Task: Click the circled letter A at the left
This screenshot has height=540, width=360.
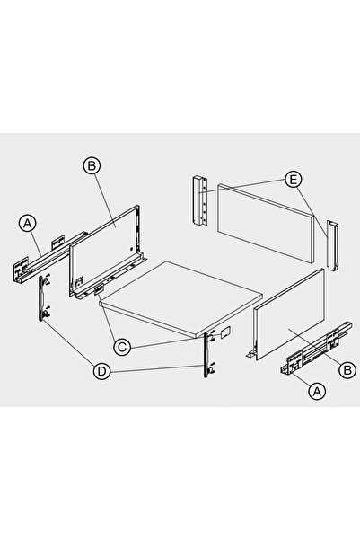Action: tap(28, 224)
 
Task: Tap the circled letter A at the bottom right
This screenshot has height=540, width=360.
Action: tap(317, 391)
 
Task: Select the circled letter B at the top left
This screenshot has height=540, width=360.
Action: tap(92, 165)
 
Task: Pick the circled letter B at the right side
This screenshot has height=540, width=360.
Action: tap(347, 370)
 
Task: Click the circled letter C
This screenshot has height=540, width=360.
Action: tap(122, 347)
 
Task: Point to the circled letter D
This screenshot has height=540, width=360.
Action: tap(101, 371)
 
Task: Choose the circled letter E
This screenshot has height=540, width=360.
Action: tap(294, 180)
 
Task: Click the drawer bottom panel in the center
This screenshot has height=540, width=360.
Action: tap(181, 298)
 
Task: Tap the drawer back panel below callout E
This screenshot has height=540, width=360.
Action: tap(267, 223)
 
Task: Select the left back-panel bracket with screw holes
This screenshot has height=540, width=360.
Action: tap(199, 200)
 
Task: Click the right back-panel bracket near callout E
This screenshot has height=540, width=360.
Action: tap(333, 245)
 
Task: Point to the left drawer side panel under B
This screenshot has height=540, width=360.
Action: tap(107, 252)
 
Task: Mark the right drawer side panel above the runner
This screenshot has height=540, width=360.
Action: tap(288, 314)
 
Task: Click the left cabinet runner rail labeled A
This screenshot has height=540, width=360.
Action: tap(48, 258)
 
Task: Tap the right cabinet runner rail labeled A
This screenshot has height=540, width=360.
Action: tap(316, 349)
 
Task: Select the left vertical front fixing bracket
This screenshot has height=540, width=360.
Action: tap(44, 298)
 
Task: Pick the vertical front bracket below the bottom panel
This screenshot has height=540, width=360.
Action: tap(209, 354)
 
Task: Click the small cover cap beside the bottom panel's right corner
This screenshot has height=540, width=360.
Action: tap(224, 332)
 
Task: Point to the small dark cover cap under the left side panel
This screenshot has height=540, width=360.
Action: tap(99, 290)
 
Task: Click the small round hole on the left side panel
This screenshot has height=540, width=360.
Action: tap(131, 249)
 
